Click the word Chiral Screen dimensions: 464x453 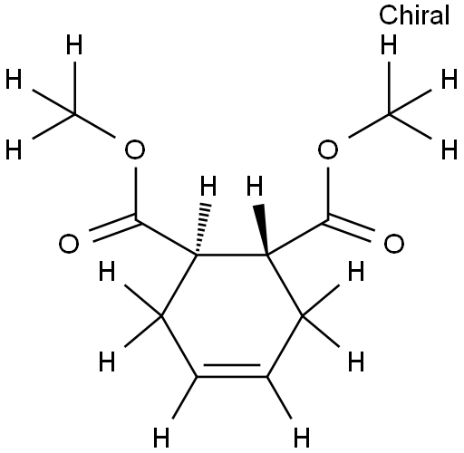pyautogui.click(x=414, y=15)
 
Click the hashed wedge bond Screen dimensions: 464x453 pyautogui.click(x=203, y=228)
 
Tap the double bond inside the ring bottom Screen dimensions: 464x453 pyautogui.click(x=232, y=371)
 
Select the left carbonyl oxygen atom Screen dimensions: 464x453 pyautogui.click(x=69, y=244)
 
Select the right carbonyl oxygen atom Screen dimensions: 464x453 pyautogui.click(x=394, y=244)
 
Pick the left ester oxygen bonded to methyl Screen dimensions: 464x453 pyautogui.click(x=135, y=149)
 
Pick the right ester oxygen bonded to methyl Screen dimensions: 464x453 pyautogui.click(x=328, y=149)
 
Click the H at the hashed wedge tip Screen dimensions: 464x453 pyautogui.click(x=208, y=186)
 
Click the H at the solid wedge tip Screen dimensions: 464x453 pyautogui.click(x=255, y=186)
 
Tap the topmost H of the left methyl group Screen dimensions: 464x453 pyautogui.click(x=74, y=44)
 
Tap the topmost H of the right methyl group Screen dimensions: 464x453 pyautogui.click(x=389, y=44)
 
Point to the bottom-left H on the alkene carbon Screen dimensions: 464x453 pyautogui.click(x=161, y=437)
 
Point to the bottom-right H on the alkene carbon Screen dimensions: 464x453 pyautogui.click(x=302, y=437)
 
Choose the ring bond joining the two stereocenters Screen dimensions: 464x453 pyautogui.click(x=232, y=255)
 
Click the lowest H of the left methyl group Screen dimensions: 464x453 pyautogui.click(x=14, y=149)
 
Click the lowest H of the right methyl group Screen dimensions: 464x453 pyautogui.click(x=449, y=149)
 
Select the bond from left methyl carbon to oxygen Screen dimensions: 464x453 pyautogui.click(x=94, y=126)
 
